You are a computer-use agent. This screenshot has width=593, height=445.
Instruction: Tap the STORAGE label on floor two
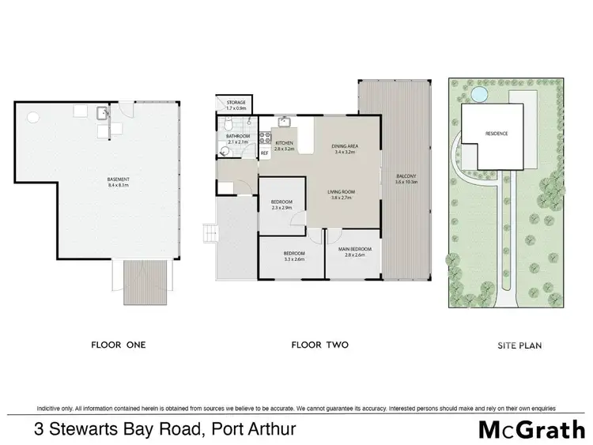tap(236, 103)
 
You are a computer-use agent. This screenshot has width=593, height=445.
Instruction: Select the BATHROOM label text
tap(237, 136)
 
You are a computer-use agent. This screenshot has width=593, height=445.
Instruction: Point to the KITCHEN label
tap(283, 143)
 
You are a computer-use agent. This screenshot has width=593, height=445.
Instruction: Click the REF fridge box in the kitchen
tap(265, 153)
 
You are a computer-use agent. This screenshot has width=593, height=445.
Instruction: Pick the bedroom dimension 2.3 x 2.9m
tap(281, 207)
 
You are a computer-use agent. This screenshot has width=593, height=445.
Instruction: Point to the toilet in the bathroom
tap(228, 123)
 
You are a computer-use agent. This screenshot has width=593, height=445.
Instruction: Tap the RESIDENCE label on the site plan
tap(496, 134)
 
